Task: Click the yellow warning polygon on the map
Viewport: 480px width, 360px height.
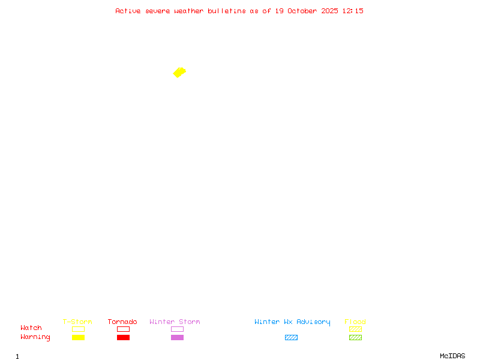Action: (x=179, y=73)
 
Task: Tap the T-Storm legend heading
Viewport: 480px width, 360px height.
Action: (x=77, y=322)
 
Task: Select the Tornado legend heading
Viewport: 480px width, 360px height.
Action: (x=122, y=322)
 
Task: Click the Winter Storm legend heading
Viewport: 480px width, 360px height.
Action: (x=175, y=322)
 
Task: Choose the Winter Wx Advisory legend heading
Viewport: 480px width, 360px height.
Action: (x=292, y=322)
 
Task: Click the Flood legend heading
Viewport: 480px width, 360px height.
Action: (x=355, y=322)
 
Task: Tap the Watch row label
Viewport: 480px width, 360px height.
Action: (x=31, y=328)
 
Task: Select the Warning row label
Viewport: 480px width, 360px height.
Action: (x=35, y=337)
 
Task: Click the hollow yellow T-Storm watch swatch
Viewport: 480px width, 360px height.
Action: (x=78, y=329)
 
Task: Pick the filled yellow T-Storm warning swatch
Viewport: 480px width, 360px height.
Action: (x=78, y=337)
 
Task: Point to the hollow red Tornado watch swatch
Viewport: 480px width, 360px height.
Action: (x=123, y=329)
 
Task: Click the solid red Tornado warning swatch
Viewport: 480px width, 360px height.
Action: (x=123, y=337)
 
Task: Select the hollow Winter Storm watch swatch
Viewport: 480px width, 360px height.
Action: (x=177, y=329)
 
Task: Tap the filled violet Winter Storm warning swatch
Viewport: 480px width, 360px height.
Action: (x=177, y=337)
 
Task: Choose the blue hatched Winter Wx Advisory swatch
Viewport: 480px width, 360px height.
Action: (x=291, y=337)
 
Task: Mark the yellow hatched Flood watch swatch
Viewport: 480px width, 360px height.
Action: (x=355, y=329)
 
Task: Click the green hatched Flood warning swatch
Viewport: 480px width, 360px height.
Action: (x=355, y=337)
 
